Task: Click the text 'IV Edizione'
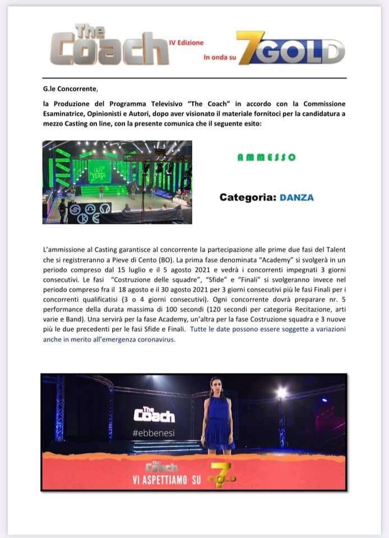tap(187, 43)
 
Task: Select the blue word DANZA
tap(297, 197)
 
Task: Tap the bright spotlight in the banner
tap(281, 393)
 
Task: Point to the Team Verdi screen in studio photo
tap(99, 171)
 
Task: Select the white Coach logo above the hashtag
tap(154, 414)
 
